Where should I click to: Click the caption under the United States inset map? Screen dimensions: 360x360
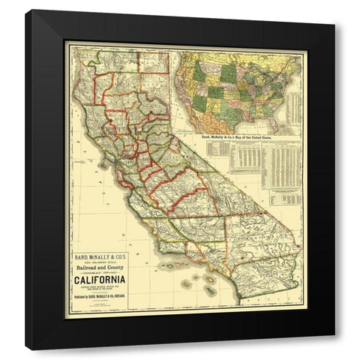point(242,139)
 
